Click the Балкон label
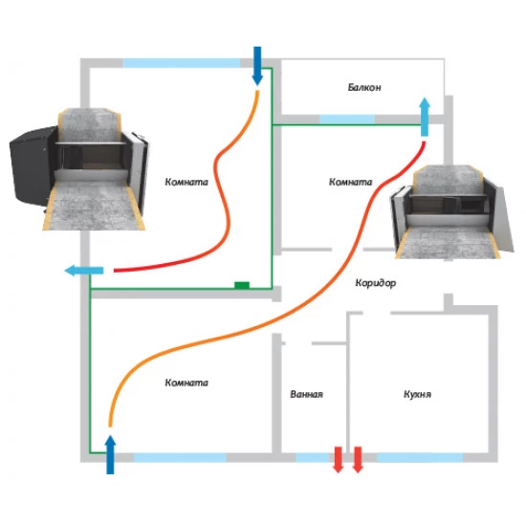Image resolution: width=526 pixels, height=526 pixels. tap(364, 88)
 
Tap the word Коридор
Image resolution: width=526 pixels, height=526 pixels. tap(376, 283)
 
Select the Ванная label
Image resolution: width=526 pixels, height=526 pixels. tap(307, 394)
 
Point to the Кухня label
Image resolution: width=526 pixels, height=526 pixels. tap(417, 394)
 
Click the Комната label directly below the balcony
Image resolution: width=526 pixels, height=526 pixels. tap(351, 182)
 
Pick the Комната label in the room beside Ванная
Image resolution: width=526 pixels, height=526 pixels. tap(186, 383)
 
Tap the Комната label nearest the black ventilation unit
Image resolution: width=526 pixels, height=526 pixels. tap(186, 182)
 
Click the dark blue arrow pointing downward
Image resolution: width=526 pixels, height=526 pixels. tap(257, 66)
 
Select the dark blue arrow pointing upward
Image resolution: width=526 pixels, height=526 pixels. tap(110, 454)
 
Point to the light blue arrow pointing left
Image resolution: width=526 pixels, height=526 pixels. tap(84, 270)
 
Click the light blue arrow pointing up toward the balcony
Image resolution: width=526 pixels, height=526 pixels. tap(425, 117)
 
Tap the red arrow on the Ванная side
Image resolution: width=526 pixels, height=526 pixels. tap(339, 460)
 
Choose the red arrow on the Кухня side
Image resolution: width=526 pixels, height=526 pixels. tap(358, 460)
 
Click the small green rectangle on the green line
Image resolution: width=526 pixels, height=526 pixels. tap(242, 285)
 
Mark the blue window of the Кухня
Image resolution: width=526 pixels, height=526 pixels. tap(421, 457)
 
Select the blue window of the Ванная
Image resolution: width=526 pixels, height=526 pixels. tap(312, 457)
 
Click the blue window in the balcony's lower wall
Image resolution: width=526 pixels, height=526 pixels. tap(347, 120)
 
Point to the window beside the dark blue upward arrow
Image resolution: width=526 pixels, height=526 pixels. tap(180, 457)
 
